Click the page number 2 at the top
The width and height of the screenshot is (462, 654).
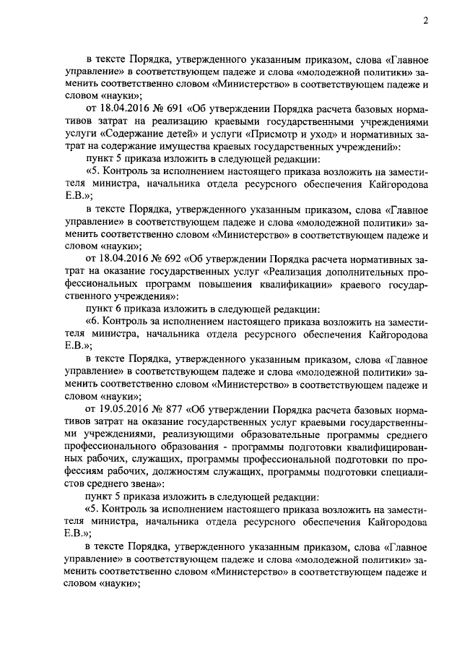[426, 21]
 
